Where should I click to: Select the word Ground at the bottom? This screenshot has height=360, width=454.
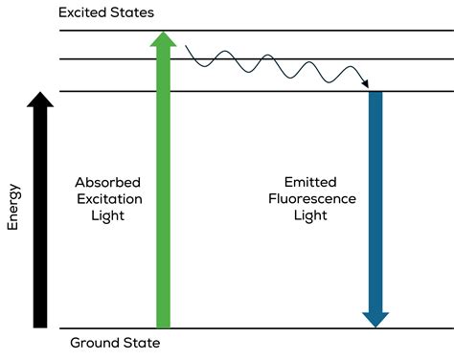[95, 343]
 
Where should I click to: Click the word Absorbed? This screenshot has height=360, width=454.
[108, 182]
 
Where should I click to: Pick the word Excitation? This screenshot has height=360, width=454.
[108, 199]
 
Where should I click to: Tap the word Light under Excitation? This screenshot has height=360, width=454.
[108, 216]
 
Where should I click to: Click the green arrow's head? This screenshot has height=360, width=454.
[163, 39]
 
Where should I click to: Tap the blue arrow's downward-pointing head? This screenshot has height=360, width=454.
[375, 317]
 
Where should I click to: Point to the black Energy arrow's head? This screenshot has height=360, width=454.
[39, 100]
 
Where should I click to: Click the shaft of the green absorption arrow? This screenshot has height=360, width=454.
[163, 191]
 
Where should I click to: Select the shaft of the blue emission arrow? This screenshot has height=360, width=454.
[375, 191]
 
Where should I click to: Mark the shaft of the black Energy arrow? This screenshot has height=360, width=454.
[39, 220]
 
